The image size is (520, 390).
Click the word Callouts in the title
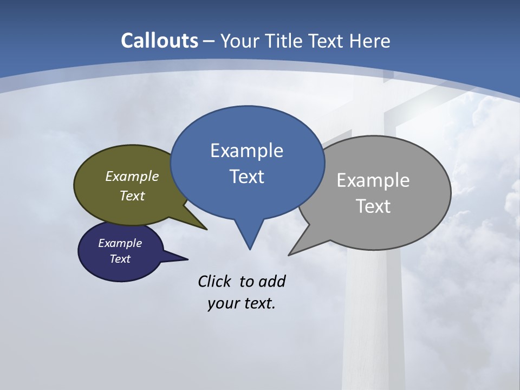click(159, 41)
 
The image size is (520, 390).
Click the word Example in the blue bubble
click(246, 150)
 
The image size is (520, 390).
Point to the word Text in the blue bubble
click(246, 176)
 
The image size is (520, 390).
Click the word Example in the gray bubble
click(373, 180)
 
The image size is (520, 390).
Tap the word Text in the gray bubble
click(373, 206)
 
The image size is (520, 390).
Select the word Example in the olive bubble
click(132, 176)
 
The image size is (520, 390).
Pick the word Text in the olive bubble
click(132, 196)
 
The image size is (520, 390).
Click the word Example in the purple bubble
click(120, 243)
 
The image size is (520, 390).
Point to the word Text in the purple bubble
click(120, 259)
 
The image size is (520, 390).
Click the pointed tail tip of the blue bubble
click(250, 249)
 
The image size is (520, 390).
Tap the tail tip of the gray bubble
click(289, 255)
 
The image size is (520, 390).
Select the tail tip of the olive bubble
click(206, 229)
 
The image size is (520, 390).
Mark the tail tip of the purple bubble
click(187, 259)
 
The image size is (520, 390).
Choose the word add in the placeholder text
click(272, 281)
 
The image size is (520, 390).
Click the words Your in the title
click(239, 41)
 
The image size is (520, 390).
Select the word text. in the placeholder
click(258, 303)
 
